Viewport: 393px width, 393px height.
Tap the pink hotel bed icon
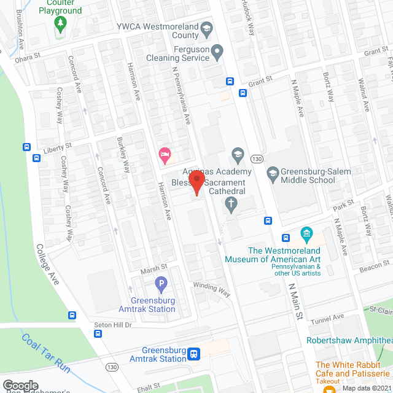164,155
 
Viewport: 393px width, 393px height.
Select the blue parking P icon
161,284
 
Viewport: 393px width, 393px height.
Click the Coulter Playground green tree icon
60,24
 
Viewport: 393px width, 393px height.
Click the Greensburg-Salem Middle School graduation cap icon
272,175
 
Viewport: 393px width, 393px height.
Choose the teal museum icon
305,234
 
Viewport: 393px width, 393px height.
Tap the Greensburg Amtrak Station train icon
194,354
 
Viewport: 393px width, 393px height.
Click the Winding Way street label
211,289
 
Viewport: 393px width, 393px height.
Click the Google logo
20,385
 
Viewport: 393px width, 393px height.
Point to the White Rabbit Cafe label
352,369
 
